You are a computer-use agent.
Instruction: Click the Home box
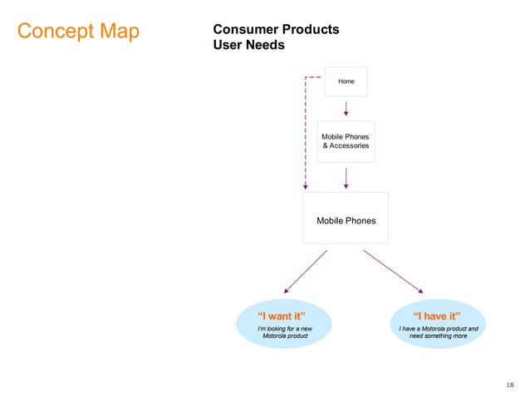tap(346, 81)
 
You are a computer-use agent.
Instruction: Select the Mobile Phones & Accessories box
tap(346, 141)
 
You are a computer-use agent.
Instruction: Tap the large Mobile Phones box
tap(346, 218)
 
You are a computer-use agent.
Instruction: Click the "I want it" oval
tap(283, 323)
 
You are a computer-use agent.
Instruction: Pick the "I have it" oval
tap(437, 323)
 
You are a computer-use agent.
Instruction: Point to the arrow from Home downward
tap(346, 108)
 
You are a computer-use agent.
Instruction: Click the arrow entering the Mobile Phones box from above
tap(346, 177)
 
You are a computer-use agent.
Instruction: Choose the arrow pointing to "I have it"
tap(393, 271)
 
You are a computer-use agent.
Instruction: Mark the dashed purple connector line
tap(305, 133)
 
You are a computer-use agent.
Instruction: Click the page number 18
tap(509, 385)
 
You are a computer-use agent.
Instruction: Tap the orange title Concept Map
tap(78, 32)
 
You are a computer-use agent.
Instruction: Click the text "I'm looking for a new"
tap(284, 328)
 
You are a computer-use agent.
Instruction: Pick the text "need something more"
tap(437, 336)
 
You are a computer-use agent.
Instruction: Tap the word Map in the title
tap(116, 32)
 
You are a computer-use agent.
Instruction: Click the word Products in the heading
tap(310, 29)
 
